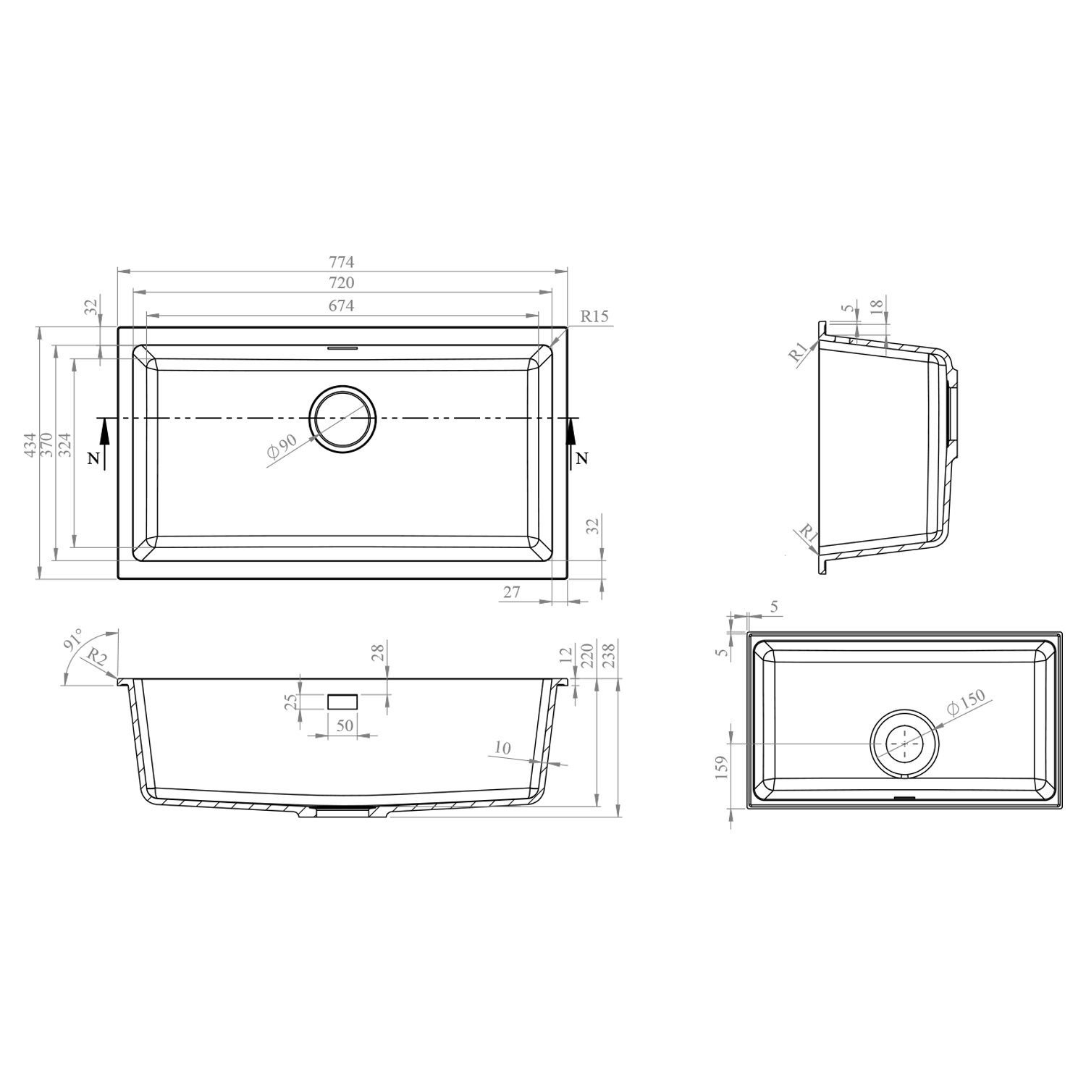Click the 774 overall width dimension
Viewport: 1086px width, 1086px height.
pyautogui.click(x=342, y=262)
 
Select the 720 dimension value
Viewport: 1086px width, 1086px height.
pyautogui.click(x=342, y=283)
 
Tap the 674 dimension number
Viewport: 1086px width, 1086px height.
pyautogui.click(x=342, y=306)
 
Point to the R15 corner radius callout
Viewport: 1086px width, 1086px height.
pyautogui.click(x=594, y=316)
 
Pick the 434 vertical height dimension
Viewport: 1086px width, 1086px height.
pyautogui.click(x=29, y=444)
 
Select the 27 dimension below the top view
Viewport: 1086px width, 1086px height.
pyautogui.click(x=512, y=592)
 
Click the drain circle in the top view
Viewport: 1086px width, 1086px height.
pyautogui.click(x=342, y=419)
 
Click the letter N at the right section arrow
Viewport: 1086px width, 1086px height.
pyautogui.click(x=582, y=458)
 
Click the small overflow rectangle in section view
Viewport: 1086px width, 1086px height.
pyautogui.click(x=342, y=702)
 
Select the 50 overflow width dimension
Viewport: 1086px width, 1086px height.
pyautogui.click(x=345, y=725)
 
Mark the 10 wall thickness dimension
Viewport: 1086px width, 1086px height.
pyautogui.click(x=502, y=749)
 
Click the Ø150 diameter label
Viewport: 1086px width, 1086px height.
pyautogui.click(x=967, y=702)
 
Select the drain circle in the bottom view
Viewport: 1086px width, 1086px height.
pyautogui.click(x=904, y=744)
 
